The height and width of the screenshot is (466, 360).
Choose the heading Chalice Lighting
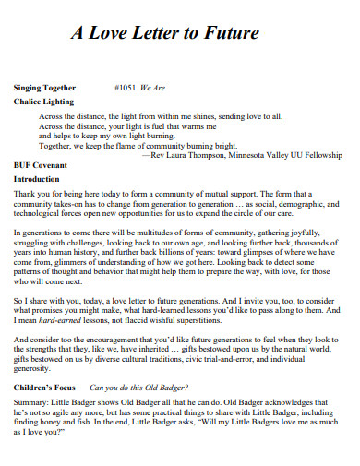point(43,102)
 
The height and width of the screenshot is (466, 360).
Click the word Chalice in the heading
point(29,102)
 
